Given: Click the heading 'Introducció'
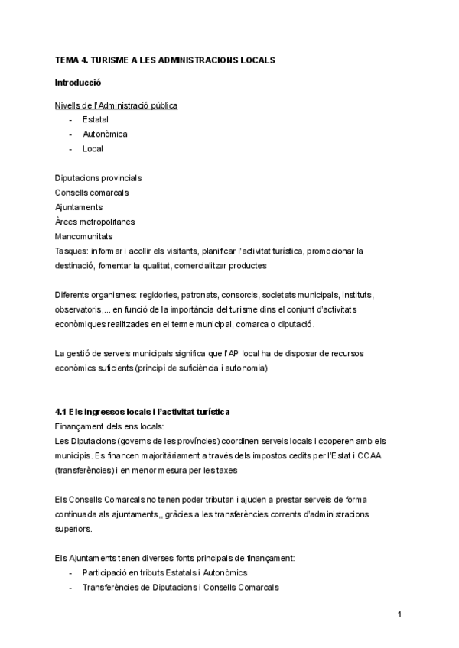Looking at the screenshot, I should tap(78, 82).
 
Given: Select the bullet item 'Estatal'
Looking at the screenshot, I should tap(95, 120).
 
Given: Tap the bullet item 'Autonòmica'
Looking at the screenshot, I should tap(105, 134).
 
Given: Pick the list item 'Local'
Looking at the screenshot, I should tap(93, 149).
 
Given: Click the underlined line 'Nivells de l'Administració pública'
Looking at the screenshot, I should tap(116, 105).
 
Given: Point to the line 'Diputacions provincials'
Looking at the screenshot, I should tap(98, 178).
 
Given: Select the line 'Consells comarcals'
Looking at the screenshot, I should tap(92, 193).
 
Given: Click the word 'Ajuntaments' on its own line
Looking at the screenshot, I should tap(79, 207).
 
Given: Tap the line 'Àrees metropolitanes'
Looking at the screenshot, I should tap(94, 222).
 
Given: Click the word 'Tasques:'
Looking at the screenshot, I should tap(72, 251).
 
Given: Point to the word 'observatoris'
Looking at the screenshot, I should tap(81, 309).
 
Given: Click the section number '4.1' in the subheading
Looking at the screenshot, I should tap(62, 413).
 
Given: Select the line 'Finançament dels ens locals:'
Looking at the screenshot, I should tap(109, 427).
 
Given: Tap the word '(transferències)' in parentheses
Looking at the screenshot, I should tap(86, 471).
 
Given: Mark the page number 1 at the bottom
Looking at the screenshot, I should tap(399, 614).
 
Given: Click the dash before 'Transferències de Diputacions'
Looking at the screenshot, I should tap(71, 588).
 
